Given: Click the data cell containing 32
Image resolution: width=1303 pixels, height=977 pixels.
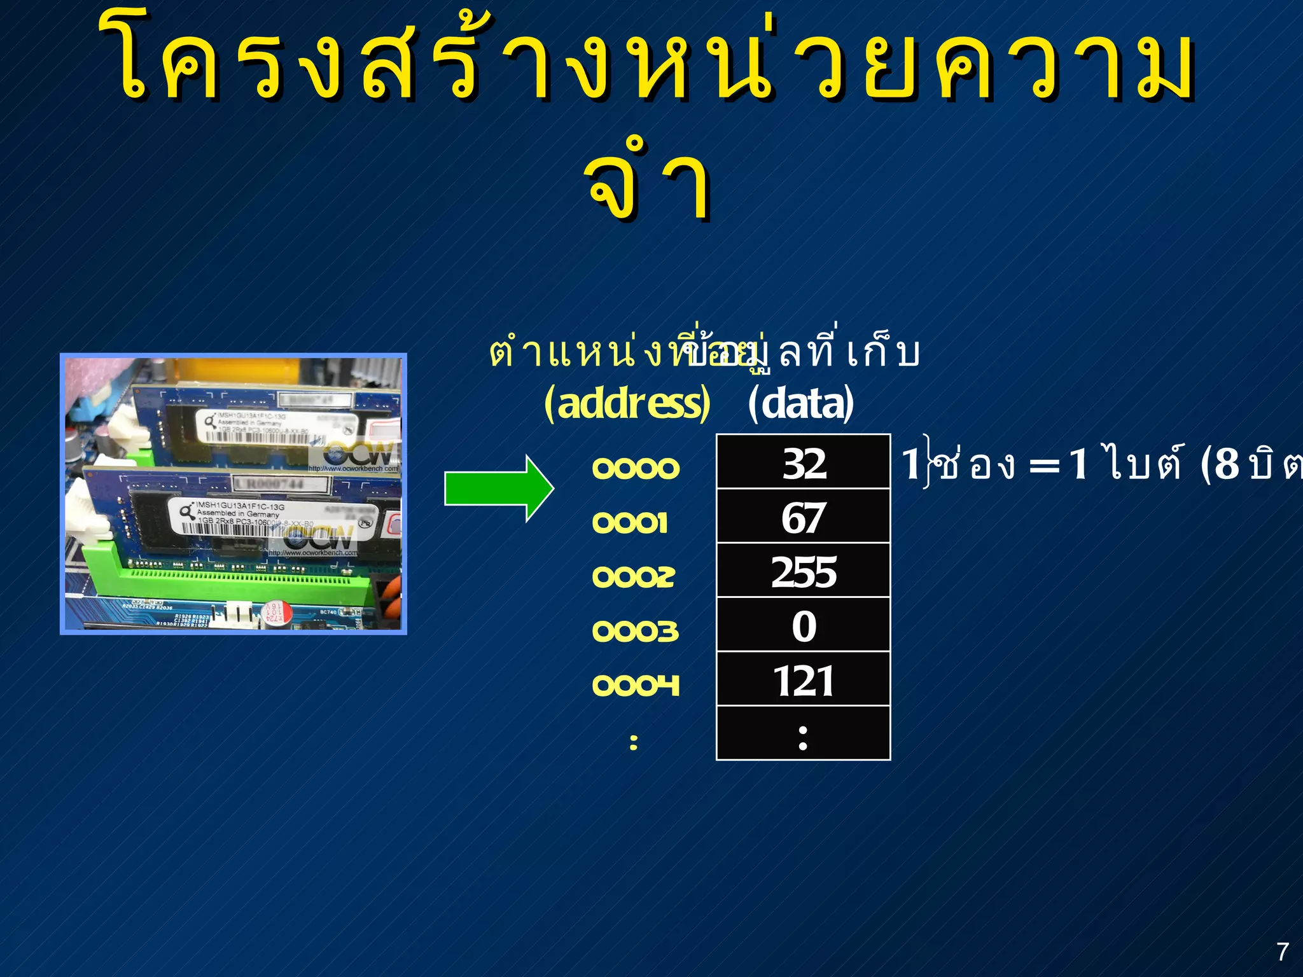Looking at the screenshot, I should click(x=803, y=462).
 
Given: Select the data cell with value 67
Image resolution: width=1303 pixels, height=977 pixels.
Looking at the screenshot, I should click(x=803, y=516).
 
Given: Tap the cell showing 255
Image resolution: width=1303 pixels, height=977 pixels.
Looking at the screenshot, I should click(x=803, y=571).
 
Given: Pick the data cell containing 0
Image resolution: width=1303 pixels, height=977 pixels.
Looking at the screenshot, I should click(x=803, y=625).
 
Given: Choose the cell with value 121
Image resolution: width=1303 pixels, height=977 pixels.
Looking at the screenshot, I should click(x=803, y=679).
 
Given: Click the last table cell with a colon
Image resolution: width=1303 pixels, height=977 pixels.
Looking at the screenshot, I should click(x=803, y=734).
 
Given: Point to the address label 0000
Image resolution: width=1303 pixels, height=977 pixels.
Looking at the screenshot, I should click(x=635, y=469).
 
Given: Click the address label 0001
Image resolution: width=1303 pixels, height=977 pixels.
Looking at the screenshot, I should click(x=630, y=523).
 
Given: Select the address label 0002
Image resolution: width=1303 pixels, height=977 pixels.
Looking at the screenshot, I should click(x=633, y=577).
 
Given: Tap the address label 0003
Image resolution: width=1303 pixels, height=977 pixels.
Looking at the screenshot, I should click(x=635, y=631).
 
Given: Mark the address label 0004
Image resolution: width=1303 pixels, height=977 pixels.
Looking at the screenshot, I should click(x=635, y=685).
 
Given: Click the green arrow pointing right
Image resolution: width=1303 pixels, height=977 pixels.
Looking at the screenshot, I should click(x=498, y=488).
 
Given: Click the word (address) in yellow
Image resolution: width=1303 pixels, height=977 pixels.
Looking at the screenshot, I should click(x=627, y=403).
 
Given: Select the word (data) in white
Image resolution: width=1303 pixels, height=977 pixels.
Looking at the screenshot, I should click(x=800, y=403).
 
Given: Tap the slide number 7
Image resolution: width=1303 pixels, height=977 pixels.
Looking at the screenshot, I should click(x=1283, y=952).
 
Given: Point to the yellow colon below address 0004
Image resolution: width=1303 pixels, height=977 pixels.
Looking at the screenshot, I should click(x=633, y=742).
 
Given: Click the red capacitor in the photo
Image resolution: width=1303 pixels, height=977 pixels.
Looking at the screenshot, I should click(x=278, y=613).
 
